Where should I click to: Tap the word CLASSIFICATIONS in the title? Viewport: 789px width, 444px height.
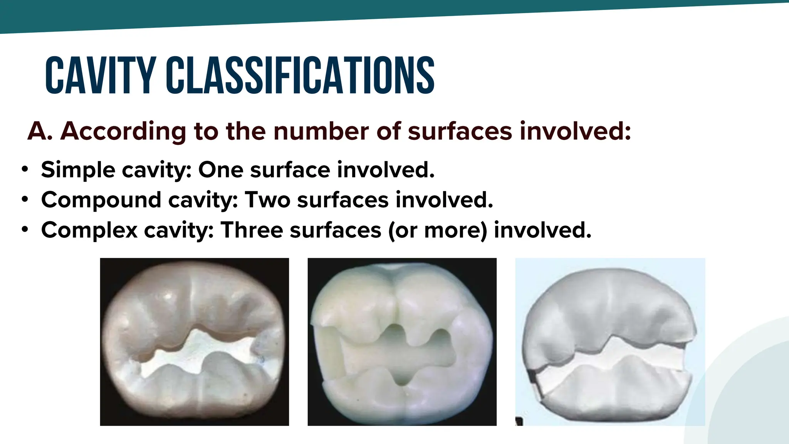[300, 76]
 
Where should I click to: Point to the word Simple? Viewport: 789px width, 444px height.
[78, 170]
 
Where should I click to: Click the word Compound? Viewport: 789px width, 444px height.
[101, 200]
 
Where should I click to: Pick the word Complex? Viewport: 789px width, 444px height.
[89, 230]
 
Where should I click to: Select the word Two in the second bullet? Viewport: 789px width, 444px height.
[267, 200]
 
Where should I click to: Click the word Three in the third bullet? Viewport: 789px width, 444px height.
[252, 230]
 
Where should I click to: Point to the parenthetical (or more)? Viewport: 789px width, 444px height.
[438, 230]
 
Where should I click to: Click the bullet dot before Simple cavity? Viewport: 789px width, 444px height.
[25, 169]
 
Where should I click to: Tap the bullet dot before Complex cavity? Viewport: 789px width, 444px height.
[25, 229]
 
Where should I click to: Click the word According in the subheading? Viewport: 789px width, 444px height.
[124, 132]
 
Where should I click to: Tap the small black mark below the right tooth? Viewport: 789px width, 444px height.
[519, 422]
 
